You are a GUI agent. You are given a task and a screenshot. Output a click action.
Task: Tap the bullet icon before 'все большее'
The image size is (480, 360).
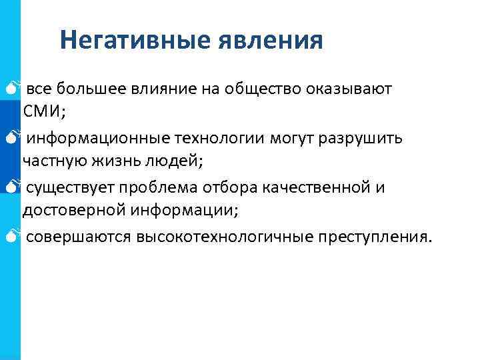tap(16, 89)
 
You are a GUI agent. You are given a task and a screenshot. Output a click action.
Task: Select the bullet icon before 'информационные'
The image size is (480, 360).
tap(16, 138)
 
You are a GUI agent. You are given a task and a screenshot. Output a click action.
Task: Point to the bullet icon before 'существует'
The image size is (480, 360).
tap(16, 187)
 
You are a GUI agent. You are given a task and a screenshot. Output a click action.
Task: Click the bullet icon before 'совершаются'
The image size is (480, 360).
tap(16, 236)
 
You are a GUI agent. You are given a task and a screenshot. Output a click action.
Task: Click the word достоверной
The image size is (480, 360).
tap(67, 210)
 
